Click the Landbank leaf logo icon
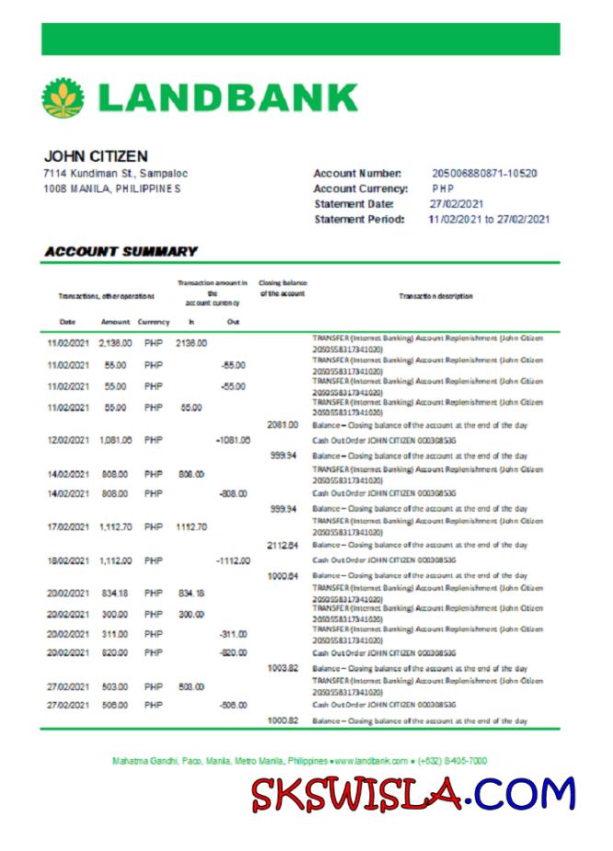64,98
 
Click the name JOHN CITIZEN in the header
96,156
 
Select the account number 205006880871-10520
484,173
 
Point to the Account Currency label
360,189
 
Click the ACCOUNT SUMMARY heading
121,251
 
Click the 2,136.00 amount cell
116,343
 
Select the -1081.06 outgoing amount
233,440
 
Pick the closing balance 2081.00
282,424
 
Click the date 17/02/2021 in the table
68,527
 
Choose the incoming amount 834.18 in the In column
191,592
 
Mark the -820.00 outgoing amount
232,652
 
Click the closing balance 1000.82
282,720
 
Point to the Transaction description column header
436,296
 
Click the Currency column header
154,322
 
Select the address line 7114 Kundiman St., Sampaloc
116,173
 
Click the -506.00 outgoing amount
232,705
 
